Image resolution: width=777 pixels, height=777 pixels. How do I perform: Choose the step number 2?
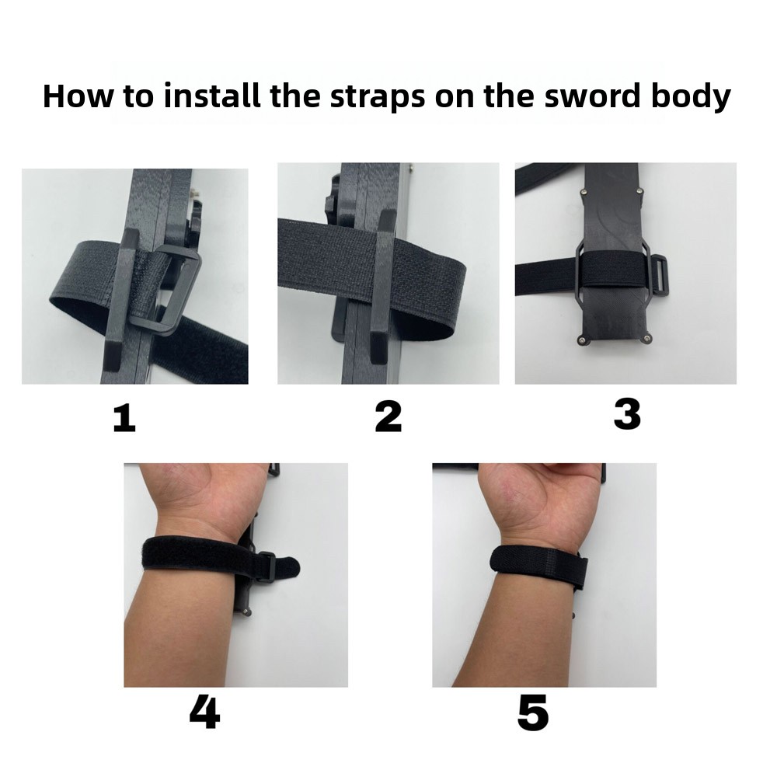[388, 416]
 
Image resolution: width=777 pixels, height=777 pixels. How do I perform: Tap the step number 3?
[627, 414]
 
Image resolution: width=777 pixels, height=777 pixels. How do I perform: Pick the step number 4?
[204, 712]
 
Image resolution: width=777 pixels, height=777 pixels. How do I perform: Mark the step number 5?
[533, 713]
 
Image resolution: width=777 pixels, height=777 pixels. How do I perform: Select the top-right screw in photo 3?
[640, 190]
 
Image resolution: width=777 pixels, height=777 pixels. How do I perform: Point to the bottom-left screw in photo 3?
[582, 340]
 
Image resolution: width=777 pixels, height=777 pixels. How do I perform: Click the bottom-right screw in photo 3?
[646, 339]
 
